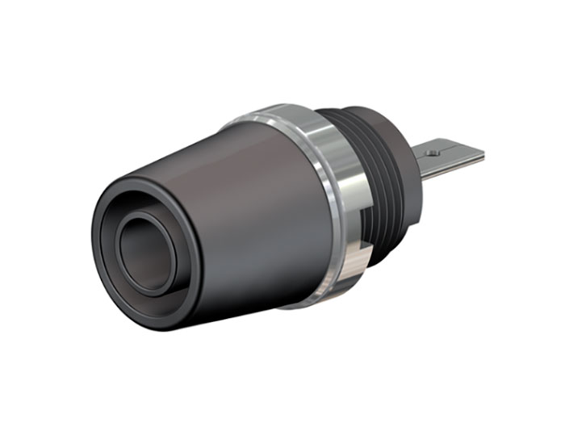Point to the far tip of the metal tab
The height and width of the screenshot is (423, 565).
click(481, 153)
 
